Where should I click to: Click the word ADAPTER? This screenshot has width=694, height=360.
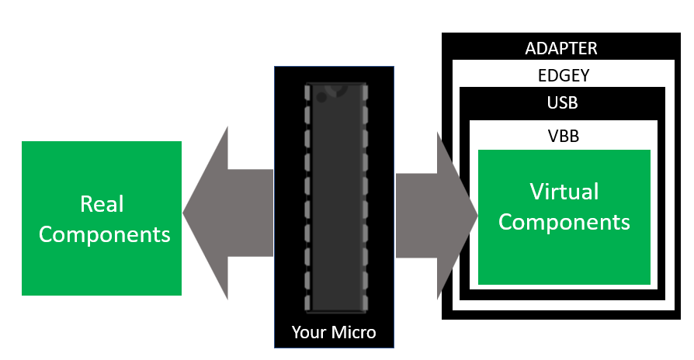coord(560,48)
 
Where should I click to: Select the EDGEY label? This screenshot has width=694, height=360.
coord(564,75)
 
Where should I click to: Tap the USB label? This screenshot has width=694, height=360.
coord(562,102)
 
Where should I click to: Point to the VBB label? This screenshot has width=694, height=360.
coord(564,137)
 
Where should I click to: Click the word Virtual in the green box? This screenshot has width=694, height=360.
coord(564,192)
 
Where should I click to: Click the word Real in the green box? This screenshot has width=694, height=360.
coord(102,204)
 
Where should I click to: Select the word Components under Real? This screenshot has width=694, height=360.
coord(105,235)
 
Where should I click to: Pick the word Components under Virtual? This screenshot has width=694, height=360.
coord(564,223)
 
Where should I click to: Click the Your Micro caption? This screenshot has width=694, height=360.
coord(334,332)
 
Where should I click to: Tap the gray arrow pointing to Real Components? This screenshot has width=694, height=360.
coord(227,213)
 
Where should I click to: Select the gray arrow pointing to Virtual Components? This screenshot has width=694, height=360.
coord(436,216)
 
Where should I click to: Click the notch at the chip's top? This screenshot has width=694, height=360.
coord(336,89)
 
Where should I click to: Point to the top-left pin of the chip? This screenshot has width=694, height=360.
coord(307,92)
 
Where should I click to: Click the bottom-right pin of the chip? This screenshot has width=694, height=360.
coord(365,303)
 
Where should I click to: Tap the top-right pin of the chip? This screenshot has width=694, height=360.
coord(365,92)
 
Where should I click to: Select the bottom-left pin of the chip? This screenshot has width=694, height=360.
coord(307,303)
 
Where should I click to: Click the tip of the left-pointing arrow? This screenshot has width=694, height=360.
coord(182,213)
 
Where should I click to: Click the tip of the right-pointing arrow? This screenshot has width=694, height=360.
coord(477,216)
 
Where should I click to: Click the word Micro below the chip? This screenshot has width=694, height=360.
coord(354,332)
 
